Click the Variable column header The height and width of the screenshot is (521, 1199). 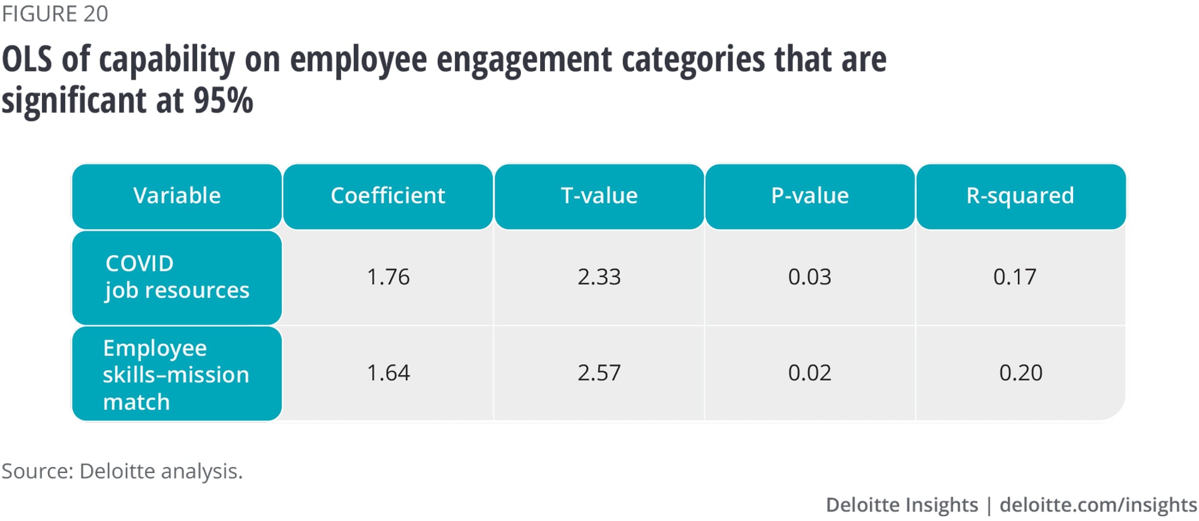tap(177, 196)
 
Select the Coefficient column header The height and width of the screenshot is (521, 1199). tap(388, 196)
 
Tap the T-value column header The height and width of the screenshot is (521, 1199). tap(599, 196)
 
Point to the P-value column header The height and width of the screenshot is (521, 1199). tap(810, 196)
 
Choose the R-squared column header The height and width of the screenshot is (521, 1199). tap(1020, 196)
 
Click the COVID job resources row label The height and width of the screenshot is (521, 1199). tap(177, 277)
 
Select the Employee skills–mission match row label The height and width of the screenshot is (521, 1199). tap(176, 374)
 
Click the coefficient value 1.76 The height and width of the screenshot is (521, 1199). tap(388, 277)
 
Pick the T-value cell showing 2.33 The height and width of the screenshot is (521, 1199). tap(599, 277)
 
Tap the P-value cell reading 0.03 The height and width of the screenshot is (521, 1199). tap(810, 277)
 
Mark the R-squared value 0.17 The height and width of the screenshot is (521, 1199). tap(1014, 277)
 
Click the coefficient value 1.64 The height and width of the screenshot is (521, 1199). tap(388, 373)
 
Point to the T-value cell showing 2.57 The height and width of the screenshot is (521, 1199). tap(599, 373)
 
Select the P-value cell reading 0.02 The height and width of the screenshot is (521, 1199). tap(810, 373)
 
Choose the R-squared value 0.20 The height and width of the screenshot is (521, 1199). tap(1021, 373)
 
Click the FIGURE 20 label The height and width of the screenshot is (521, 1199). tap(55, 14)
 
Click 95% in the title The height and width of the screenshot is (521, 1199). tap(223, 101)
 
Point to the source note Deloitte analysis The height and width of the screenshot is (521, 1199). tap(122, 471)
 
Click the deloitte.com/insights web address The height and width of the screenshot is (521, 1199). tap(1098, 505)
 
